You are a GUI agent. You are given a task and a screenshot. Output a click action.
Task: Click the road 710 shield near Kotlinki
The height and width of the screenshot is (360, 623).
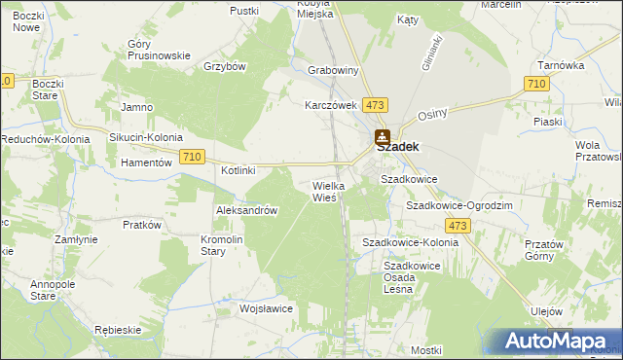click(193, 157)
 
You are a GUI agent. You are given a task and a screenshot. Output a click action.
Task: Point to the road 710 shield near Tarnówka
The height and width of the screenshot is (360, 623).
click(534, 86)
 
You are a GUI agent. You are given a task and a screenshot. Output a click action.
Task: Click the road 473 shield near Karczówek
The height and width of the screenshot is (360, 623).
click(376, 104)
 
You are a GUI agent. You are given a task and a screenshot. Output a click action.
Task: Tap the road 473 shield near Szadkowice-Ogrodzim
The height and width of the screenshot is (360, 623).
click(459, 226)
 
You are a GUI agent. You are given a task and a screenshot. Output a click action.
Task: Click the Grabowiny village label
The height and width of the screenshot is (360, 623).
click(333, 71)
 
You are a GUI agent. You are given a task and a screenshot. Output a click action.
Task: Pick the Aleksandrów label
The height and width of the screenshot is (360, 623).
click(247, 210)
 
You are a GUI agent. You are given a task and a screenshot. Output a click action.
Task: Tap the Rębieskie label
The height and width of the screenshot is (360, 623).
click(121, 330)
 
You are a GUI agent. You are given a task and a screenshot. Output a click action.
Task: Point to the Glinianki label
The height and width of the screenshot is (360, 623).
click(431, 52)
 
